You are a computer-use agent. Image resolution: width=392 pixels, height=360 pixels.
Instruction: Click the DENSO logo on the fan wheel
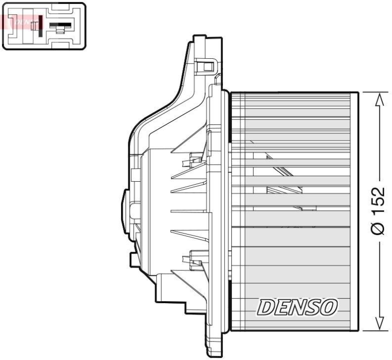[296, 307]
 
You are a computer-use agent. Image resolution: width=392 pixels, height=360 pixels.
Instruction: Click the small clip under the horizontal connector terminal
[60, 31]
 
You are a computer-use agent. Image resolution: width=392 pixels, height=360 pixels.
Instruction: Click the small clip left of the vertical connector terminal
[33, 26]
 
